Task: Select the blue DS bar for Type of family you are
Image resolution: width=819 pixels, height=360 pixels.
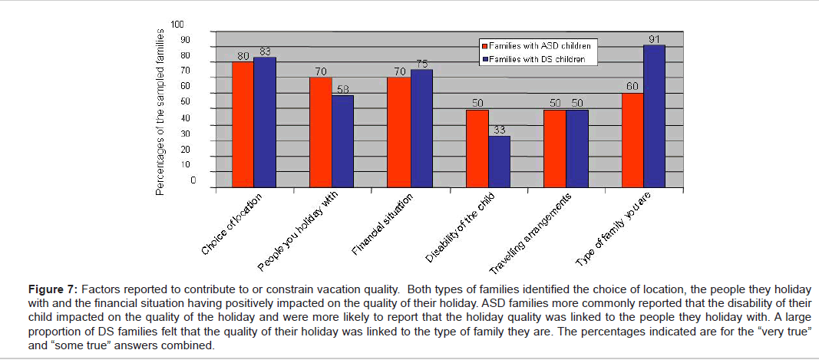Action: pyautogui.click(x=654, y=116)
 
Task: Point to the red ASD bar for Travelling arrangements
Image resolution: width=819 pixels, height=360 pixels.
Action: pyautogui.click(x=553, y=148)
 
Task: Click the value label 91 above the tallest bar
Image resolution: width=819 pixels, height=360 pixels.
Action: pyautogui.click(x=654, y=39)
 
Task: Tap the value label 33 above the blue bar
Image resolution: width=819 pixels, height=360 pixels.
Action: pyautogui.click(x=499, y=130)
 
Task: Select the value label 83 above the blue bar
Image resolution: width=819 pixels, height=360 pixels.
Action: pyautogui.click(x=266, y=51)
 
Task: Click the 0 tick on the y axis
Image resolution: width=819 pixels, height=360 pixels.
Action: pyautogui.click(x=193, y=181)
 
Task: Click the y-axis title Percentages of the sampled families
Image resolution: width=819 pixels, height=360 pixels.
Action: pyautogui.click(x=160, y=111)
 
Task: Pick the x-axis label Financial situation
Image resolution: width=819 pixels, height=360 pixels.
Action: pyautogui.click(x=383, y=226)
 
